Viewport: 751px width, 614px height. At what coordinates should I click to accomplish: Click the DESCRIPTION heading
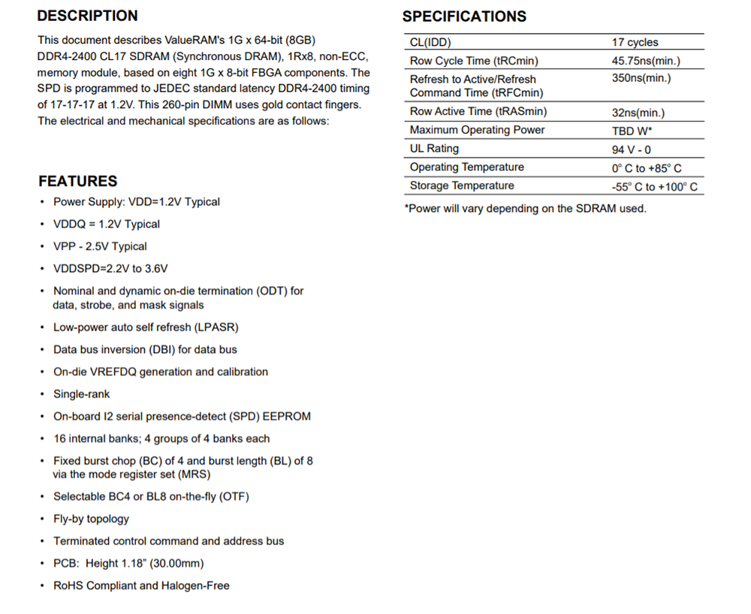click(x=87, y=16)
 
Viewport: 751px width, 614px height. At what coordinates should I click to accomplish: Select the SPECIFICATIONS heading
click(x=464, y=17)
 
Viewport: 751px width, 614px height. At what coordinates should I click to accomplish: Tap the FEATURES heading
click(x=78, y=181)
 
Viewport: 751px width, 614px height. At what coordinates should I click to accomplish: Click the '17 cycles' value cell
click(x=635, y=43)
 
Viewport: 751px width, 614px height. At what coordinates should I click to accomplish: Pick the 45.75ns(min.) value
click(x=646, y=62)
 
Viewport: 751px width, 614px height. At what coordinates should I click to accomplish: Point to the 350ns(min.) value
click(x=641, y=78)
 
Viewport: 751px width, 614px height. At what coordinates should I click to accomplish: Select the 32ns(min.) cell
click(x=638, y=113)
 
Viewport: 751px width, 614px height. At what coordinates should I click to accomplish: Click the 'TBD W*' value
click(x=632, y=131)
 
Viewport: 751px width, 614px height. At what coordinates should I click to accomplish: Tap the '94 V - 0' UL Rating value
click(x=632, y=149)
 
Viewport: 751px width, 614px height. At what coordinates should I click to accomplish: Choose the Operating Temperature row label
click(x=466, y=167)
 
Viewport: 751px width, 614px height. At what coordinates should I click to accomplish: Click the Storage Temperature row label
click(x=462, y=185)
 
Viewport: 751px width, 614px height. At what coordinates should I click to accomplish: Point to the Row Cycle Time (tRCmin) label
click(x=474, y=61)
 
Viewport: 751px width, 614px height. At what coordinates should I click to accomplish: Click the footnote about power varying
click(x=525, y=209)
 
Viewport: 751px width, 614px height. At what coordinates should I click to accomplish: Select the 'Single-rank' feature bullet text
click(x=81, y=394)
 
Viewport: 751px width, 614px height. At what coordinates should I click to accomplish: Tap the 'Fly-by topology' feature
click(x=91, y=519)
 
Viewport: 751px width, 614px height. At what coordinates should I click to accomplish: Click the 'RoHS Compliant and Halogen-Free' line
click(x=141, y=585)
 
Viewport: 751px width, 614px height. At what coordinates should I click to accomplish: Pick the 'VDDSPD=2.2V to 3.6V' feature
click(x=110, y=269)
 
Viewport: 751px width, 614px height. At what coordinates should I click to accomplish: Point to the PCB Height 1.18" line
click(x=128, y=563)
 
